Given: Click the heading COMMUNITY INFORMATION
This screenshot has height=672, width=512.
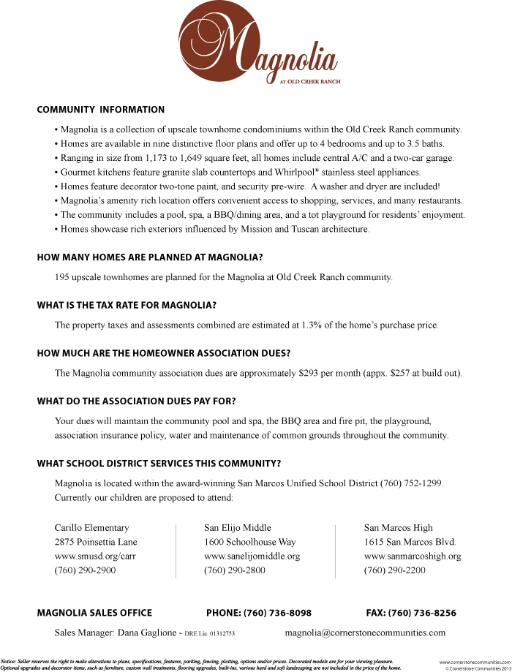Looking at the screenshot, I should coord(101,110).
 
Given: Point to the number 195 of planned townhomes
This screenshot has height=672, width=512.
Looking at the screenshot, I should coord(62,277).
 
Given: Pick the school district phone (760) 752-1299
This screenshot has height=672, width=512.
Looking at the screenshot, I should coord(411,483).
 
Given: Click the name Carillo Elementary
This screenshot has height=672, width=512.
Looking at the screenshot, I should coord(91,527).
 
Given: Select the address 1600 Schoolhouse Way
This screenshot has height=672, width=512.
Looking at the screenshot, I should coord(249,542).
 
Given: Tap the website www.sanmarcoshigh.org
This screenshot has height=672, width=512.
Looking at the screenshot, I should coord(413,556).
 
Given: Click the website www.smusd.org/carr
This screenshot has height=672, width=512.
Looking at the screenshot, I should coord(95,556).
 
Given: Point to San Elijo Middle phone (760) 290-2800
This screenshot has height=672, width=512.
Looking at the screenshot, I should coord(234,570).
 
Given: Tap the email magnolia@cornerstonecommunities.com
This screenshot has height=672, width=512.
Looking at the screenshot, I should coord(365,633).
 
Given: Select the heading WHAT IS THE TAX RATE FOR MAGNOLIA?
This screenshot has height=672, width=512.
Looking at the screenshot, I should coord(127,305).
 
